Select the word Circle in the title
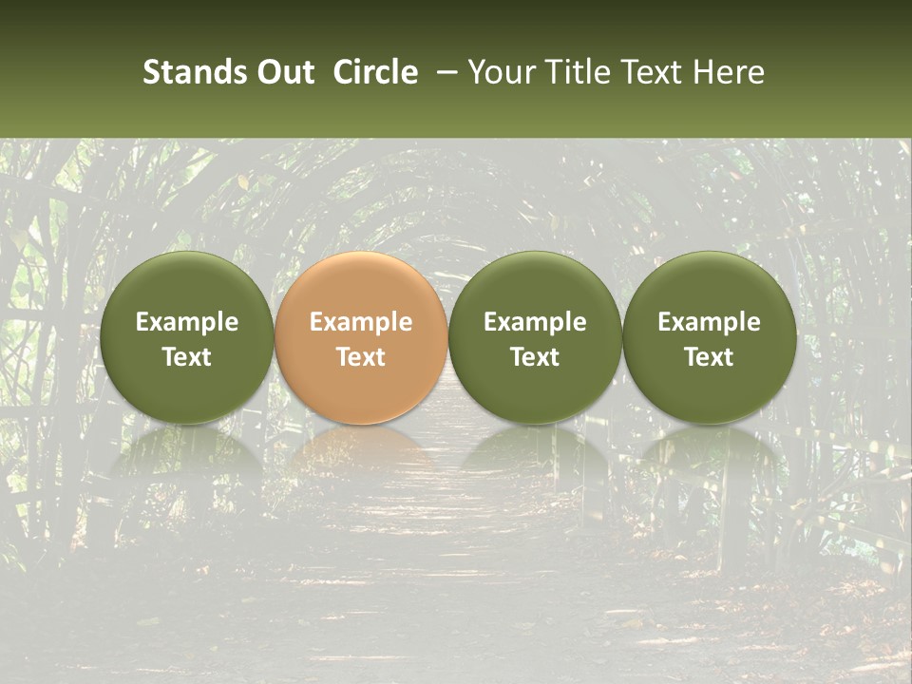[375, 72]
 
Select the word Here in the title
[731, 72]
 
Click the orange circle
[361, 337]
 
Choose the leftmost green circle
[187, 337]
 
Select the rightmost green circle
[710, 337]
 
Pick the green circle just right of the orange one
[535, 337]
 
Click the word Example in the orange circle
[361, 322]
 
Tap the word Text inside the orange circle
[361, 357]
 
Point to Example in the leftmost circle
[187, 322]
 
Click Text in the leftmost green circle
[187, 357]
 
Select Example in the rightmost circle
[710, 322]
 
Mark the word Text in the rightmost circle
[710, 357]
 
